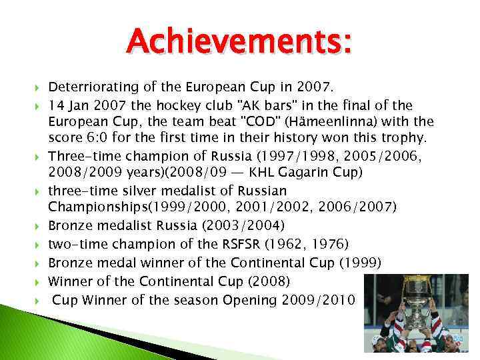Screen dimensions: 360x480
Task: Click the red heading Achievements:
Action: (239, 45)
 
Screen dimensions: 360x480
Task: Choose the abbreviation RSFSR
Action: (224, 243)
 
